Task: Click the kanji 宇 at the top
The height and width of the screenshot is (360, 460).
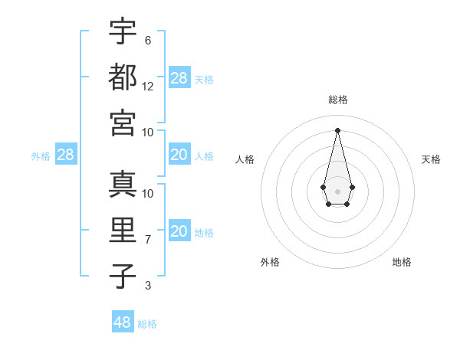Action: [x=123, y=31]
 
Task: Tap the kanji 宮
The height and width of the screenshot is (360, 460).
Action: [x=123, y=122]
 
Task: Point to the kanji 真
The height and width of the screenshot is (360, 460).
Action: [x=123, y=184]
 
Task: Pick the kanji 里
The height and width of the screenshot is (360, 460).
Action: [x=123, y=230]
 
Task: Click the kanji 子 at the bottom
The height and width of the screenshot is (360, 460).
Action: [x=123, y=276]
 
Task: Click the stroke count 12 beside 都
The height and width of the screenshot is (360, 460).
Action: [x=148, y=86]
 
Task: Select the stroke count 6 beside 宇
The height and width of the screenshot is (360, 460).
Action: [x=147, y=40]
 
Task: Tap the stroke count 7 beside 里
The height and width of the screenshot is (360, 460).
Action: [x=147, y=240]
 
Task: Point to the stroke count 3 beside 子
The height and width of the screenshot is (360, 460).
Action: [x=147, y=286]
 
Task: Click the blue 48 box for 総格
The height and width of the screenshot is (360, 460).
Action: [x=123, y=322]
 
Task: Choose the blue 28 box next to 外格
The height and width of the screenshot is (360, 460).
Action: [x=65, y=155]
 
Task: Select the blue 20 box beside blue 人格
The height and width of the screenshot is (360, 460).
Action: [x=179, y=155]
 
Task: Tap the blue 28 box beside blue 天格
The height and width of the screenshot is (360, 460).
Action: [x=179, y=77]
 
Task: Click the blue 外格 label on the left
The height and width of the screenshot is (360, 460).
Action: [x=41, y=156]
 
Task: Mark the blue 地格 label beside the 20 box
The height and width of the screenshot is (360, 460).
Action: [x=204, y=233]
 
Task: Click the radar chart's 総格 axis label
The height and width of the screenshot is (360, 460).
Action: [x=338, y=100]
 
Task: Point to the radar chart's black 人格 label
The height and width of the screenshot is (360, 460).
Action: [x=245, y=159]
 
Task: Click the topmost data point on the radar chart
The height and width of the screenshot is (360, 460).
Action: [x=337, y=129]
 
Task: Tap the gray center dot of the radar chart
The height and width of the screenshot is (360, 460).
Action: [x=337, y=191]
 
